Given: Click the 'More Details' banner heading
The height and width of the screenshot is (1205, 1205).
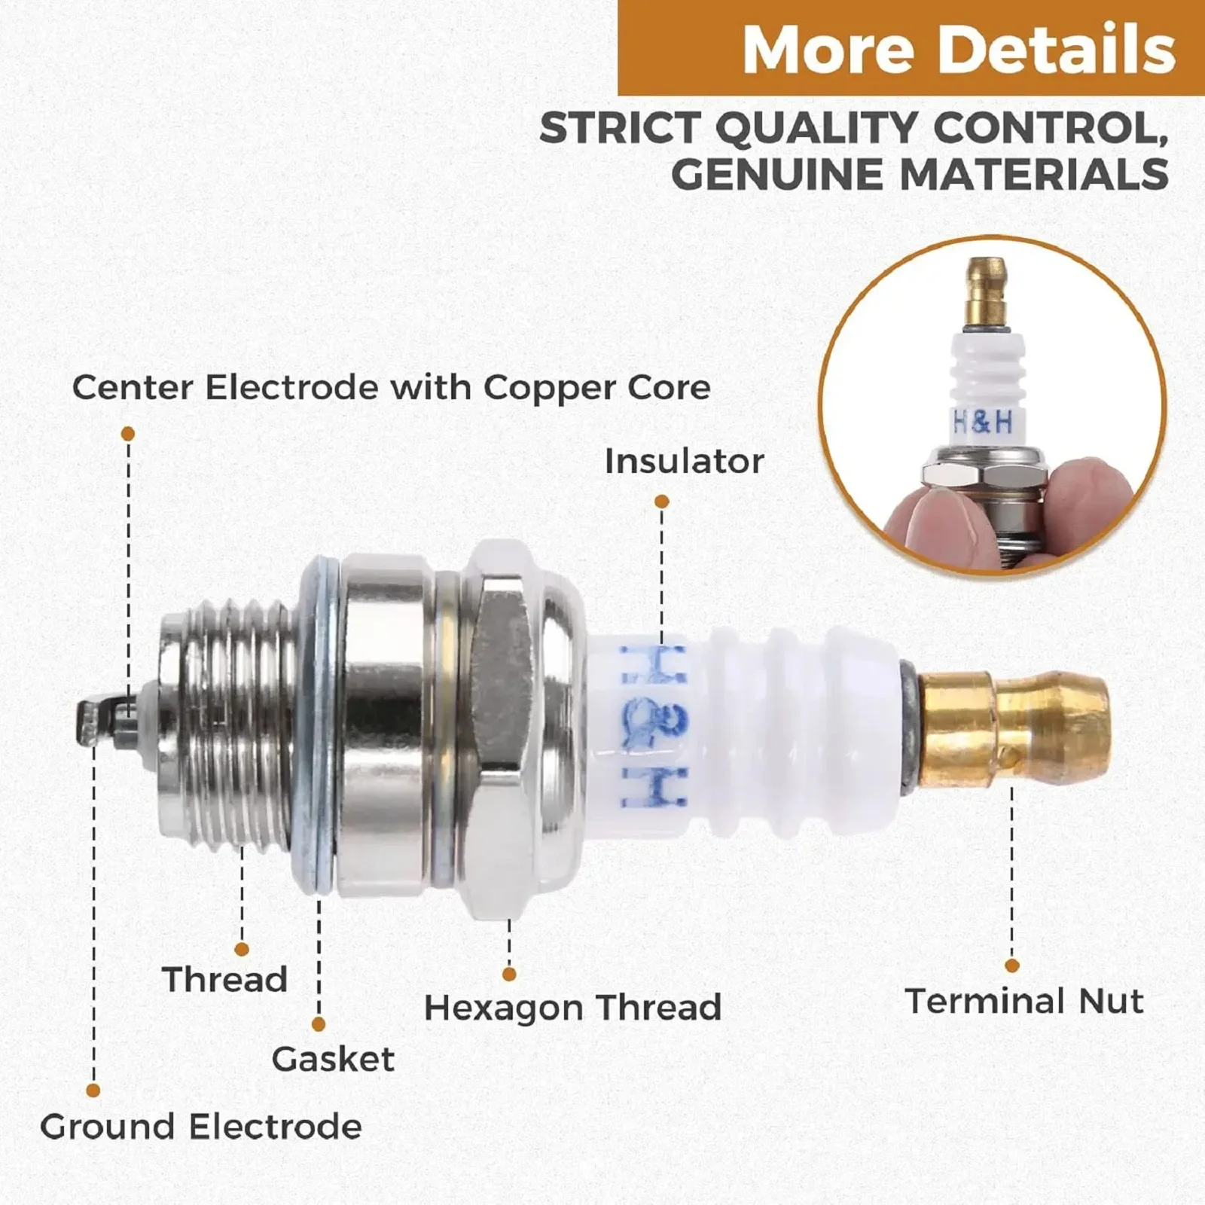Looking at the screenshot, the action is [958, 50].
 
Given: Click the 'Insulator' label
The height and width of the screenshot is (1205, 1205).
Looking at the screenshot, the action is [684, 461].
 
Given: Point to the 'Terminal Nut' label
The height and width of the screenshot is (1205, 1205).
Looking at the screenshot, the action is [1024, 1001].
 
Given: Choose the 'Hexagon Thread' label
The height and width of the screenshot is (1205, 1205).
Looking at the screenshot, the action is [572, 1008].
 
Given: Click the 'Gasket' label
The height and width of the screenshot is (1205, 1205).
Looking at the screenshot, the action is [333, 1059].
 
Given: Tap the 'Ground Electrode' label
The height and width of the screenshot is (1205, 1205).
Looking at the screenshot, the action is [201, 1127].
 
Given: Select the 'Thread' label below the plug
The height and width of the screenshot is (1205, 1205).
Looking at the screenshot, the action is [225, 980].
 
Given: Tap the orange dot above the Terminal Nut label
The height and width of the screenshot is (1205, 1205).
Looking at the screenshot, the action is [1012, 966].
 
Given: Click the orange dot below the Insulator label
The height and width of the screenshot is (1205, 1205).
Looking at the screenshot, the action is [662, 502].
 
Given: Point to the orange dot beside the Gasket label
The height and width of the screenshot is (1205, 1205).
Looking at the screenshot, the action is [319, 1024].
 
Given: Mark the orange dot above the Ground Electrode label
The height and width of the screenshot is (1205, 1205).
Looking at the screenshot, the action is [93, 1091].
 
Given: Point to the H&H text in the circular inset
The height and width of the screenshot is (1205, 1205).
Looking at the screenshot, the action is [982, 423].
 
